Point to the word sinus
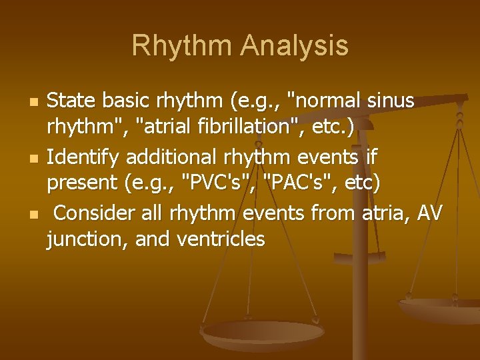[391, 101]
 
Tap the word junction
[83, 238]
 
